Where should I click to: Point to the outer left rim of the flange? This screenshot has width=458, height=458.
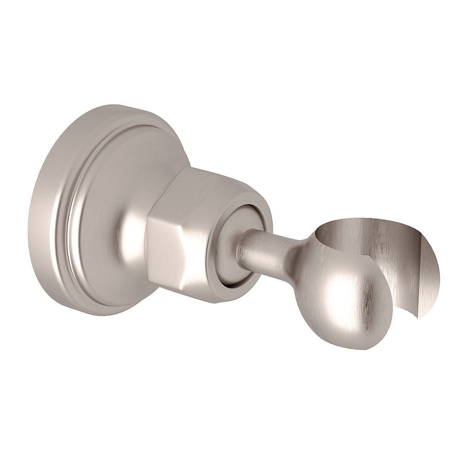(x=34, y=215)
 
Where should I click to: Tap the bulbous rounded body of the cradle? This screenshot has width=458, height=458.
(x=348, y=298)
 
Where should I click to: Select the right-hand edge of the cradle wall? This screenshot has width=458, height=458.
(x=437, y=284)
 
